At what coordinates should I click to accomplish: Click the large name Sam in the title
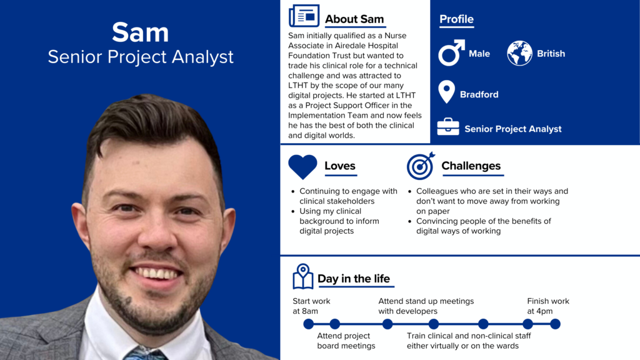click(x=141, y=32)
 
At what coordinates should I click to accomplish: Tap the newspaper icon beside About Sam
click(x=304, y=16)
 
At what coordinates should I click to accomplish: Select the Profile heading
click(x=456, y=19)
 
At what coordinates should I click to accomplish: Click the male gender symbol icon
click(x=451, y=53)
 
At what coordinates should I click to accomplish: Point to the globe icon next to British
click(x=519, y=53)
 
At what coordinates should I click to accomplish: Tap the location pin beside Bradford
click(x=446, y=92)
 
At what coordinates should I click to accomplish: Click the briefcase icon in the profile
click(x=447, y=127)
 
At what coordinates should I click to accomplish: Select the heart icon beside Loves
click(x=302, y=166)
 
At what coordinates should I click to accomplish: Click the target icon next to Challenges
click(x=420, y=166)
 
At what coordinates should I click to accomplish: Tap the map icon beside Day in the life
click(x=302, y=276)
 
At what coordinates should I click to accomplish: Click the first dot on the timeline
click(x=308, y=324)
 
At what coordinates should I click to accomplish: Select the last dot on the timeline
click(x=555, y=324)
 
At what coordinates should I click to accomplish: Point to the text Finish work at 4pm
click(x=548, y=306)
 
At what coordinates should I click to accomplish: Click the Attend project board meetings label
click(x=346, y=341)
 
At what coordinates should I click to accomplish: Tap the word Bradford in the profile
click(x=479, y=94)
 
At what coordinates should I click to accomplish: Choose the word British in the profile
click(x=551, y=54)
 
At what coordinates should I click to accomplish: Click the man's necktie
click(x=145, y=354)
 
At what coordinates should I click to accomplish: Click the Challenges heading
click(x=471, y=166)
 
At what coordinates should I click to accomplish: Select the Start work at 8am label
click(x=311, y=306)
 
